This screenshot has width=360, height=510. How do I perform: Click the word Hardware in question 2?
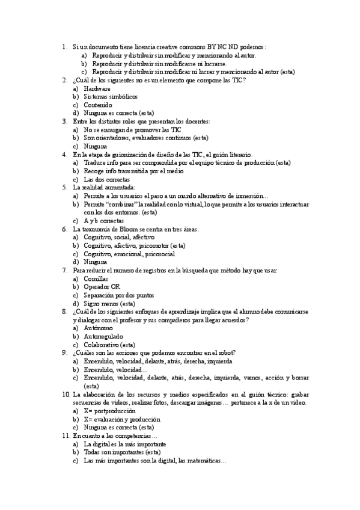(97, 88)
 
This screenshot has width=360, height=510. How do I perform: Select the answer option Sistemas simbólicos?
(111, 96)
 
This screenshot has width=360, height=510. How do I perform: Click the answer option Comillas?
(96, 279)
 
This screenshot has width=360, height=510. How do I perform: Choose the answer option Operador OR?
(102, 287)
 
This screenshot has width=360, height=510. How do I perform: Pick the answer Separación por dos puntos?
(119, 295)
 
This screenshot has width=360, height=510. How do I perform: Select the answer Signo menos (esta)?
(109, 304)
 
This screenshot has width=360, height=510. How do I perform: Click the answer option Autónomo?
(98, 328)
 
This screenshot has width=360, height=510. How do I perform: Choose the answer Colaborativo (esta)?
(109, 345)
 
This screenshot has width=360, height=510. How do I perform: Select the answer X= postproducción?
(110, 411)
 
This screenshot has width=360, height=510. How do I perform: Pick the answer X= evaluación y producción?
(122, 419)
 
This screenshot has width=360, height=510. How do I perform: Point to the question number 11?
(66, 435)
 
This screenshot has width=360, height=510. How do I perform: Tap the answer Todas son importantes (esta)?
(122, 452)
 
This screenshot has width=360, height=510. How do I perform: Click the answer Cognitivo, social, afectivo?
(119, 238)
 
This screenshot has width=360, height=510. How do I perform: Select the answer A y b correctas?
(104, 221)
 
